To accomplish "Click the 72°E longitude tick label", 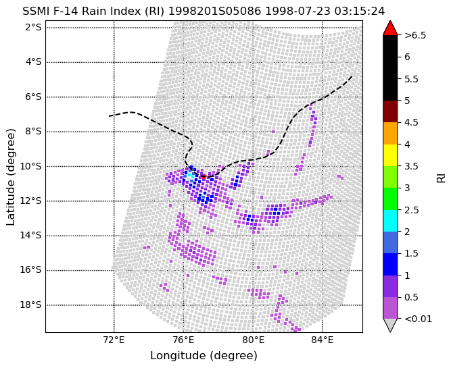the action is point(114,340).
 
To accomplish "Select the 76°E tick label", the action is point(183,340).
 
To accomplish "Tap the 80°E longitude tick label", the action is point(253,340).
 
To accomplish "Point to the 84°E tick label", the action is point(323,340).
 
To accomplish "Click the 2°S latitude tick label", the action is point(33,28).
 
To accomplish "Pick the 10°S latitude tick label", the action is point(30,166).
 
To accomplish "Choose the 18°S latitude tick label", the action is point(30,305).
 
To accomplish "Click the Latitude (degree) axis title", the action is point(10,177).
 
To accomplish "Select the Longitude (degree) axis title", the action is point(204,356).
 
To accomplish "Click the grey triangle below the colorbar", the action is point(390,324).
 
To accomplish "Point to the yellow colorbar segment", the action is point(390,155).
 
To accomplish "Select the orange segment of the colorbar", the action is point(390,133).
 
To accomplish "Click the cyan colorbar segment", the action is point(390,221).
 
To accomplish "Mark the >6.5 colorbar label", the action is point(415,36).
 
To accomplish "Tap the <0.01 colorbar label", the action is point(418,319).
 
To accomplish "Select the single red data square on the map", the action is point(204,177).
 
